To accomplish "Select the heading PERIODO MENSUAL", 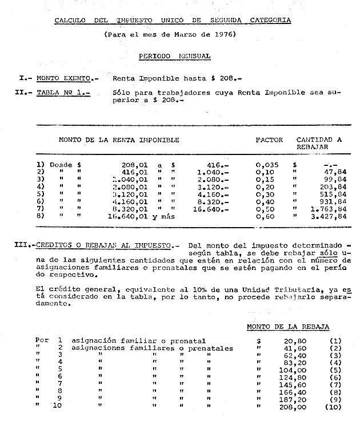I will [x=174, y=56].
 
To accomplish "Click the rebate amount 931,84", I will [x=332, y=201].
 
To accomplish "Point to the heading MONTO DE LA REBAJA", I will [x=288, y=326].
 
